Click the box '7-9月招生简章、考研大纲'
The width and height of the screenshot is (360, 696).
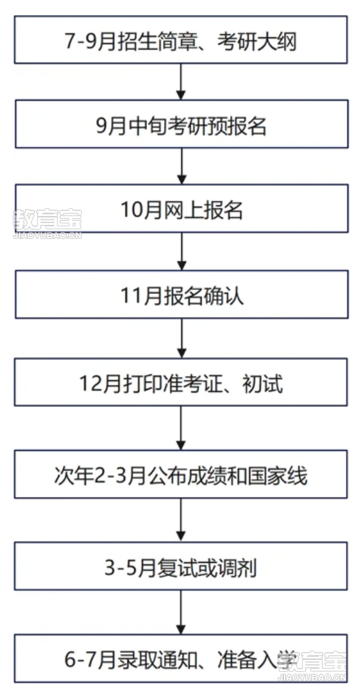[x=181, y=40]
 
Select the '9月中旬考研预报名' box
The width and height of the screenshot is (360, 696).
[x=181, y=124]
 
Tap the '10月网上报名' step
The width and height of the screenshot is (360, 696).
[x=181, y=209]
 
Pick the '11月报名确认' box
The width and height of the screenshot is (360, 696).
[x=181, y=294]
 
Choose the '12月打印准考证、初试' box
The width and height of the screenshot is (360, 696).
[x=181, y=382]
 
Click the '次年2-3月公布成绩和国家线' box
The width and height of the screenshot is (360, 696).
[x=181, y=474]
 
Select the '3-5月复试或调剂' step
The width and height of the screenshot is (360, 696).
[x=181, y=566]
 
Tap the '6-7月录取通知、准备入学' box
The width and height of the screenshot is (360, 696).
[x=181, y=658]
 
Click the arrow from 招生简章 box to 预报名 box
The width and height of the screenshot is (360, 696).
[x=181, y=82]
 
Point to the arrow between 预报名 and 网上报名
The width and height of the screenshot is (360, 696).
[x=181, y=166]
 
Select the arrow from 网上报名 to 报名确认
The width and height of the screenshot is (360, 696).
[x=181, y=252]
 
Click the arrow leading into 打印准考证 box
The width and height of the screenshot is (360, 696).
[x=181, y=338]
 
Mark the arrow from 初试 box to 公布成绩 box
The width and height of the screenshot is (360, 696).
[x=181, y=428]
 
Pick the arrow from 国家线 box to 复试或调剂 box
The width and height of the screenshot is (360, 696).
[x=181, y=520]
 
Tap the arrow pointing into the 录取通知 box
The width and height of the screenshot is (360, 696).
[x=181, y=612]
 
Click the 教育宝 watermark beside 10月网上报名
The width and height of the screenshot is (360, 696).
[x=47, y=224]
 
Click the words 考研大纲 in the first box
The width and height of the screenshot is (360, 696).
[x=257, y=42]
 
